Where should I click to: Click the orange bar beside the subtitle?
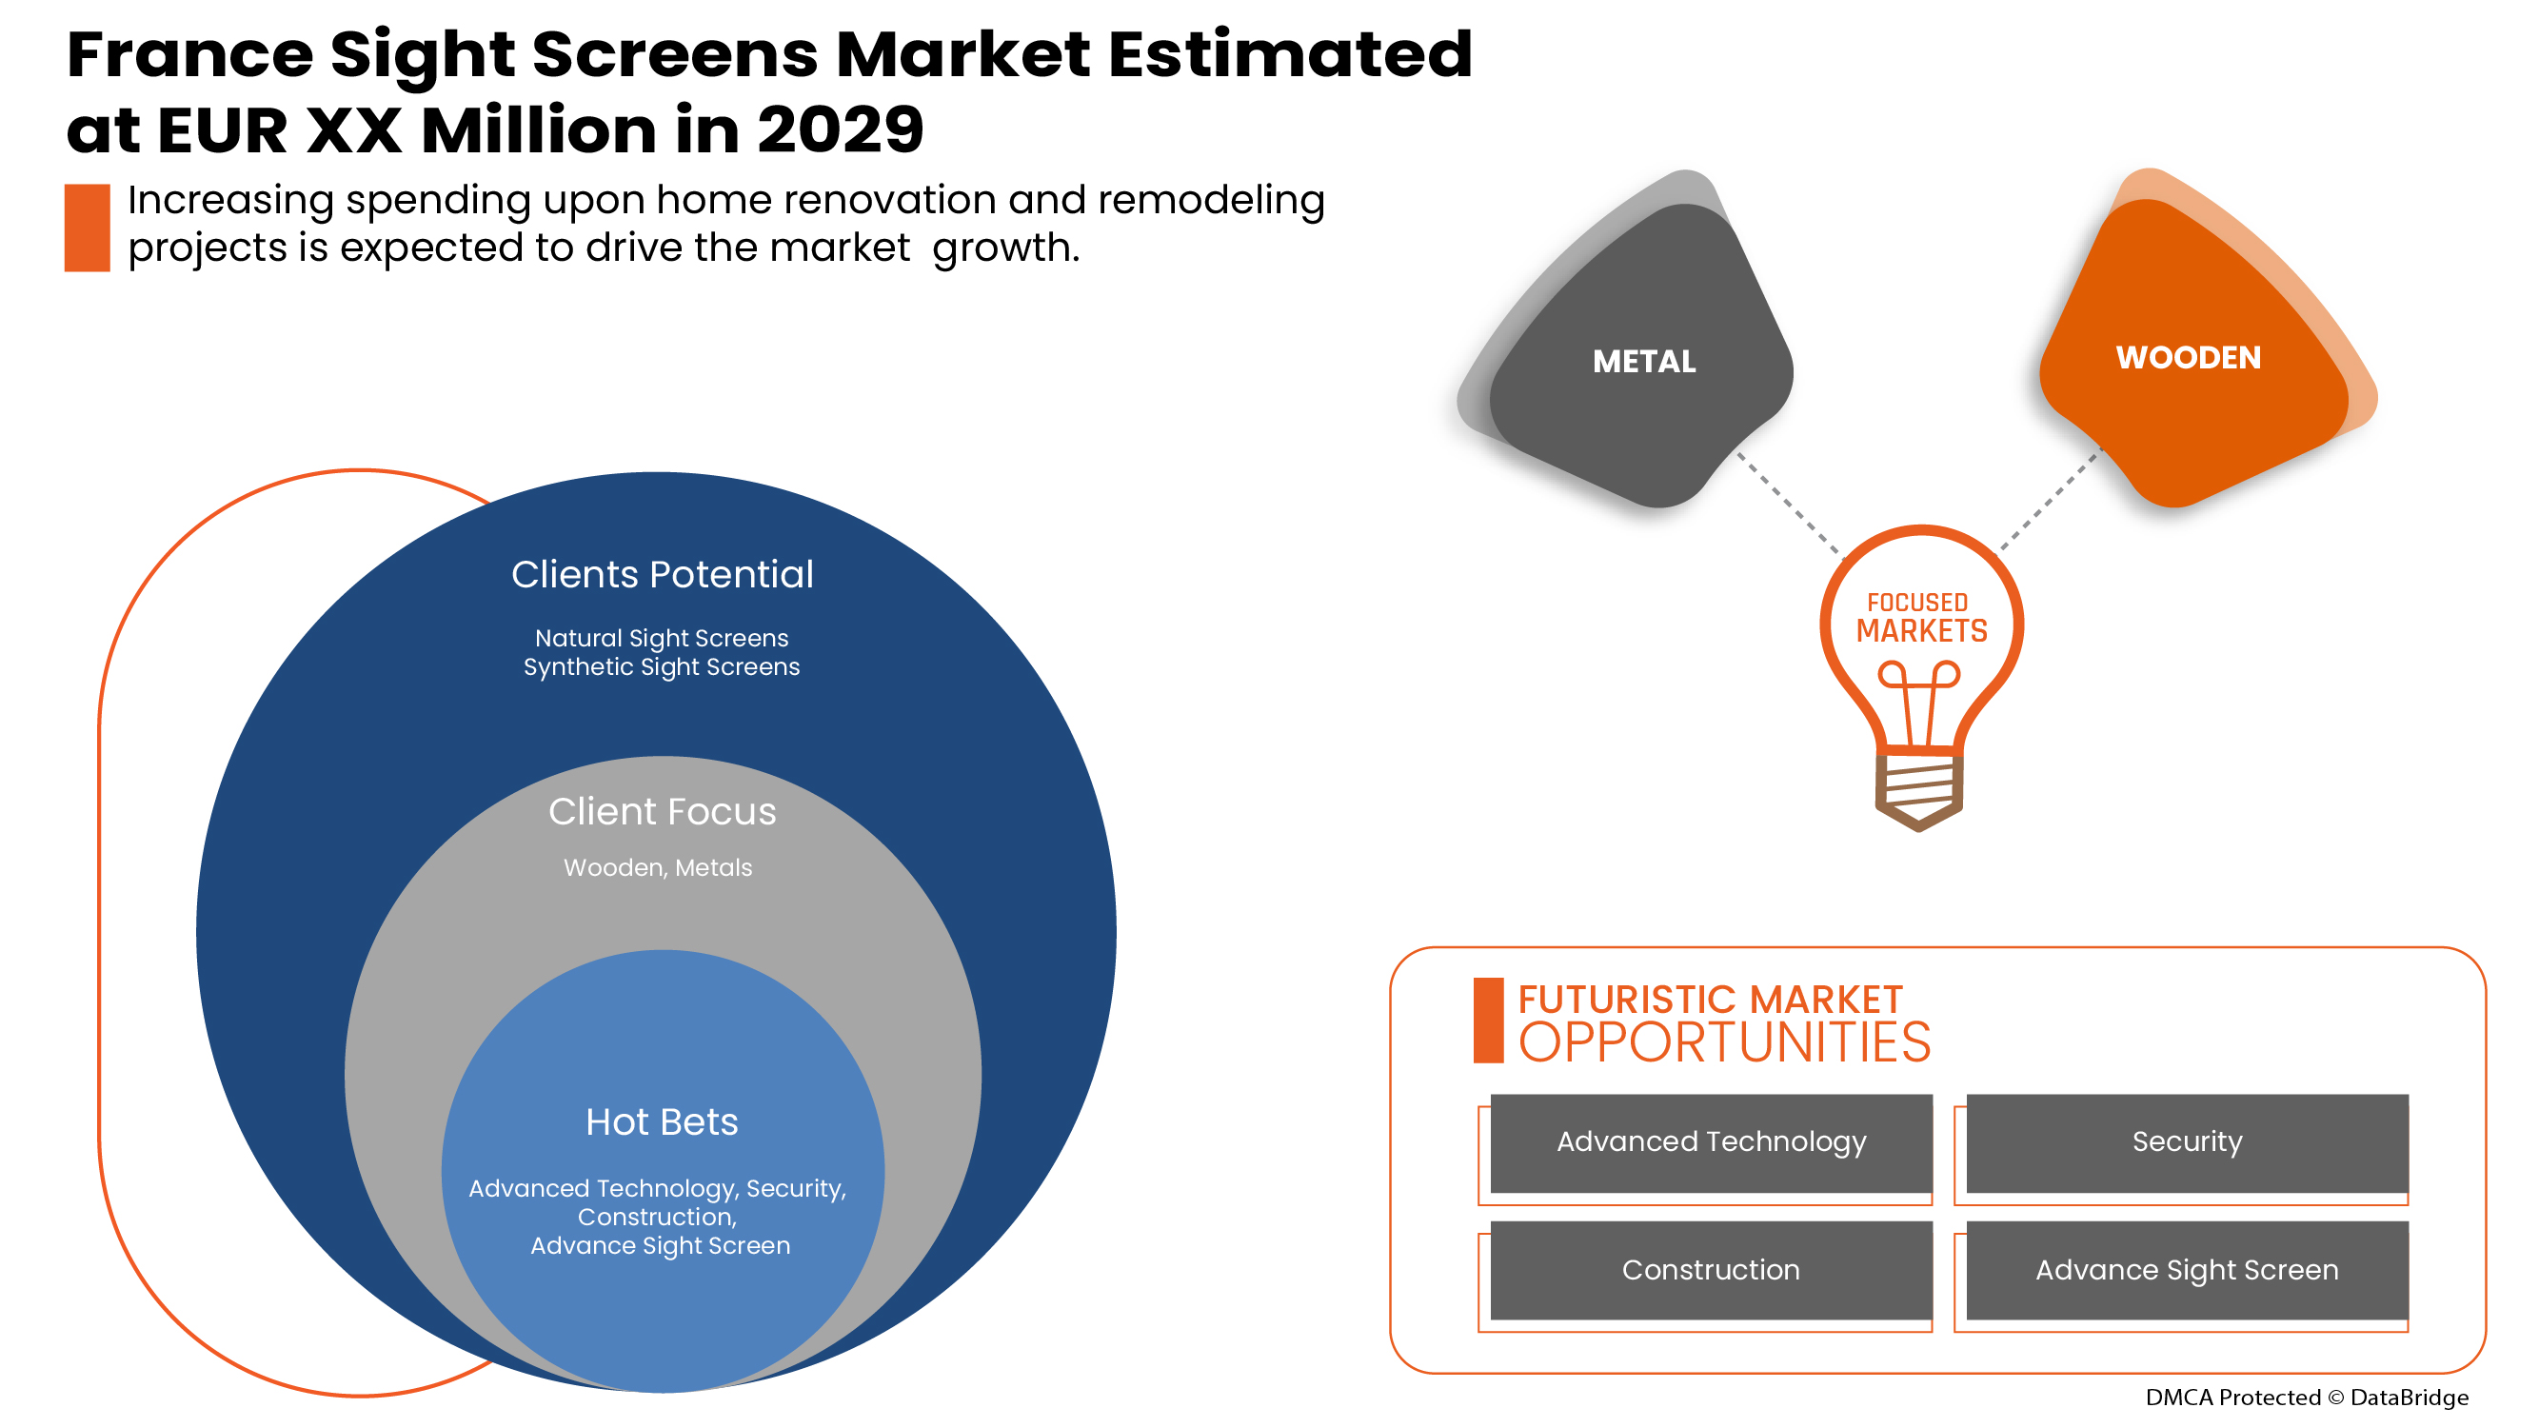pyautogui.click(x=87, y=227)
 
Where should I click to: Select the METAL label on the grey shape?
pyautogui.click(x=1644, y=362)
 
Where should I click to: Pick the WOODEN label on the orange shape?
pyautogui.click(x=2187, y=357)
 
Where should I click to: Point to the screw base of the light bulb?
pyautogui.click(x=1918, y=791)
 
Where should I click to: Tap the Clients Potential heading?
pyautogui.click(x=663, y=575)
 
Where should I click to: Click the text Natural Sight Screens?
pyautogui.click(x=662, y=638)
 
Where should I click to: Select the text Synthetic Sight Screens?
pyautogui.click(x=662, y=666)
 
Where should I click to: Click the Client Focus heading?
pyautogui.click(x=663, y=811)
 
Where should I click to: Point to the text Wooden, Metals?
pyautogui.click(x=658, y=867)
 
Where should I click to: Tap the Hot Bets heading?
pyautogui.click(x=662, y=1121)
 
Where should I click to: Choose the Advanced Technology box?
pyautogui.click(x=1710, y=1142)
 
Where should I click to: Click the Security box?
pyautogui.click(x=2186, y=1142)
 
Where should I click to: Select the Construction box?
pyautogui.click(x=1710, y=1269)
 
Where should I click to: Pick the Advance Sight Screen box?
pyautogui.click(x=2186, y=1269)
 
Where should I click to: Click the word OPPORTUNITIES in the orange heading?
pyautogui.click(x=1724, y=1041)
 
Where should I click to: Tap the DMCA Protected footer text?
pyautogui.click(x=2307, y=1397)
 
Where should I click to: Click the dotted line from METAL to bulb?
pyautogui.click(x=1788, y=503)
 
